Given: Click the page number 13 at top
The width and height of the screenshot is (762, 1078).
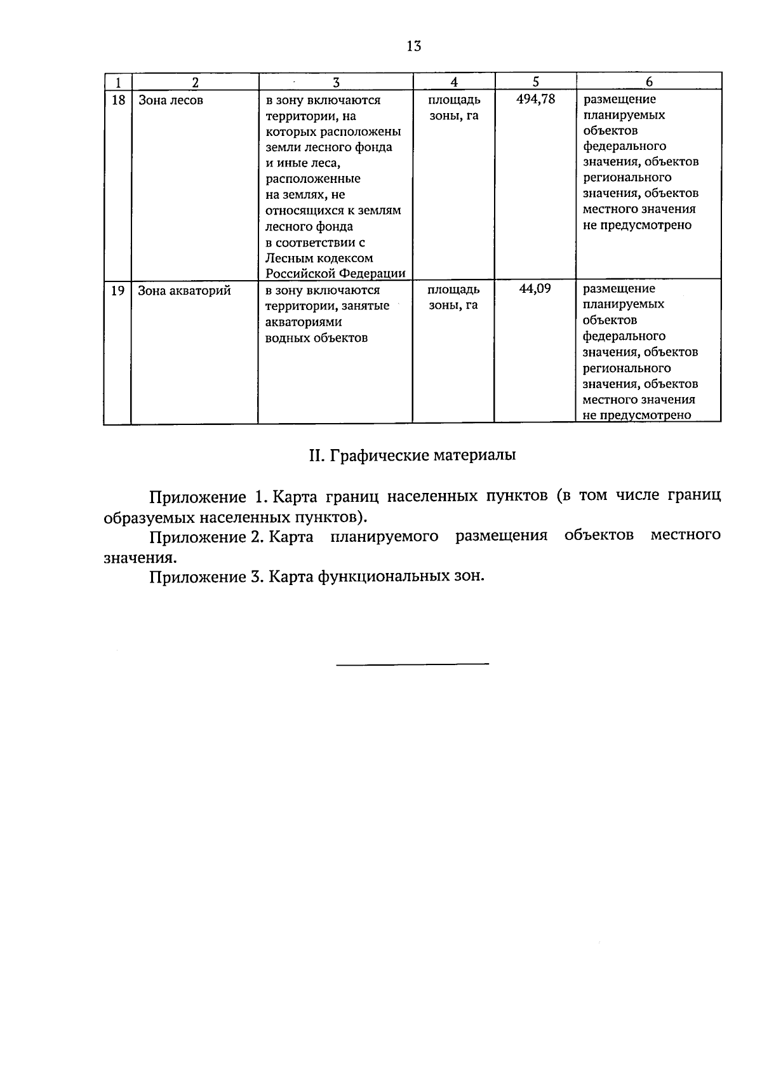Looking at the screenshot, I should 413,46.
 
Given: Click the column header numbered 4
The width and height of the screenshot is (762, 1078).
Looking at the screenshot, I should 453,81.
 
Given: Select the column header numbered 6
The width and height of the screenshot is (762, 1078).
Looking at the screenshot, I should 649,81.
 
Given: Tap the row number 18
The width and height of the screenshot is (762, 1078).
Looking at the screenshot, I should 117,100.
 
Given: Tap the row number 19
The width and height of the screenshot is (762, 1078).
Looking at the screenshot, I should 117,291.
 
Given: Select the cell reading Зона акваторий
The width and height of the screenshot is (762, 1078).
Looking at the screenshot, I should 184,291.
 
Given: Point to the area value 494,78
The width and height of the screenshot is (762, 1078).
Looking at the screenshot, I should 535,99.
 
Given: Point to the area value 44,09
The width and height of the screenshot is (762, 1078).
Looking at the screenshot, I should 535,289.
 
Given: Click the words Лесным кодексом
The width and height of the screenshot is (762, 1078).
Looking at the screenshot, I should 319,259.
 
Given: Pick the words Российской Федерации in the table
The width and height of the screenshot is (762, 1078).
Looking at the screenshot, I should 335,274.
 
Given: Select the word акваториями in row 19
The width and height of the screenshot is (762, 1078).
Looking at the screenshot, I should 304,322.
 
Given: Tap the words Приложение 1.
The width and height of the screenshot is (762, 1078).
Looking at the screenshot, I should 205,496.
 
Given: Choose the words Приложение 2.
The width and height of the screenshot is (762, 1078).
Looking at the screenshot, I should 206,537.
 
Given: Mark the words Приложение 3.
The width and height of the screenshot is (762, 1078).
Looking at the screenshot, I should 206,577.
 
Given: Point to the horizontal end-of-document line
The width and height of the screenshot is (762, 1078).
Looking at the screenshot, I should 412,664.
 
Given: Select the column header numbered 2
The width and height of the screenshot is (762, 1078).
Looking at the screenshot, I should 195,81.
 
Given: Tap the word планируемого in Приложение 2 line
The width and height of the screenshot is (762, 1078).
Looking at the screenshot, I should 384,537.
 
